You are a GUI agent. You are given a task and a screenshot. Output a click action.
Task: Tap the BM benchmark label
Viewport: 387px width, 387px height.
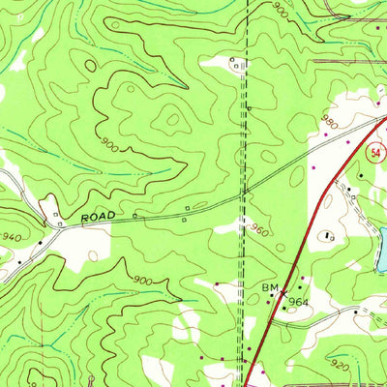click(x=269, y=288)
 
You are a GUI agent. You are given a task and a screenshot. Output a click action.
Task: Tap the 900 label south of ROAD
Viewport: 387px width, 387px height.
click(x=143, y=281)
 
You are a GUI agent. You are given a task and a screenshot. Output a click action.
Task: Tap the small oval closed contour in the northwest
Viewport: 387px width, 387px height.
click(x=175, y=121)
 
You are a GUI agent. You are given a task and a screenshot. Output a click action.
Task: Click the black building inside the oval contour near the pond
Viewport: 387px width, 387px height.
click(x=330, y=235)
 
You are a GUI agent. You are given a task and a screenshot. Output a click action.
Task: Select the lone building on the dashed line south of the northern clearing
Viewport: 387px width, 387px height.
click(x=248, y=105)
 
